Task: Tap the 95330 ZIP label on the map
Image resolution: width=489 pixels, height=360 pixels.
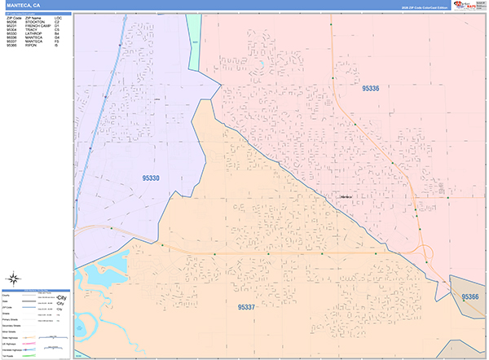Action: point(151,177)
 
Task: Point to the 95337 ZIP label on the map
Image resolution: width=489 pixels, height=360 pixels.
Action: point(247,306)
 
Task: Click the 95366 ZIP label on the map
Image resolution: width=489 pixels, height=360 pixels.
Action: point(470,297)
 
